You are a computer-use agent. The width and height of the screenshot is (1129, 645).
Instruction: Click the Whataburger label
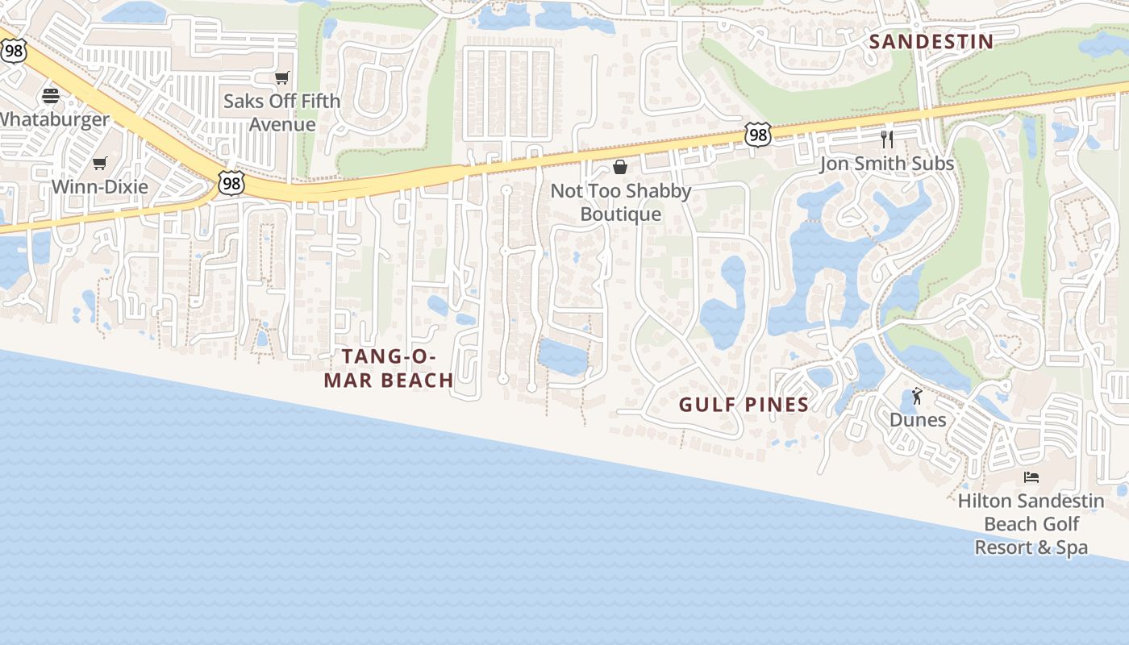coord(53,119)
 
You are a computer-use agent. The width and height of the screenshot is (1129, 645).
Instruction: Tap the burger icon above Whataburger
coord(51,97)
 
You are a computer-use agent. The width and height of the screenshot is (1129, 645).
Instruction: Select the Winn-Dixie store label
coord(100,186)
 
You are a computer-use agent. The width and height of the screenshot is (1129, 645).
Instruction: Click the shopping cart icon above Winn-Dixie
coord(100,164)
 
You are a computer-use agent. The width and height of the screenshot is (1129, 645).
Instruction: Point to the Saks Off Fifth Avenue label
coord(281,113)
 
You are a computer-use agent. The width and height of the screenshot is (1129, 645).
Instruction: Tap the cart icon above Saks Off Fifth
coord(281,78)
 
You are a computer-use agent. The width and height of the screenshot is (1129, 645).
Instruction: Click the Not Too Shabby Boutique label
coord(621,202)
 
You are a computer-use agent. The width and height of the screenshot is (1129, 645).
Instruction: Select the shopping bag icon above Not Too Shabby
coord(620,168)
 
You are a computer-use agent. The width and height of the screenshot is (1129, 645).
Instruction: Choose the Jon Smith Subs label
coord(886,164)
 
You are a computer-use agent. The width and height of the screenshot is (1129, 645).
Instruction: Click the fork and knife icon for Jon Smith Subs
coord(887,139)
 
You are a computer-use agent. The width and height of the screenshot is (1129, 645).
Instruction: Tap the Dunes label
coord(918,419)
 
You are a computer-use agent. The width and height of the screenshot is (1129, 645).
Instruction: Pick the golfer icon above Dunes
coord(917,396)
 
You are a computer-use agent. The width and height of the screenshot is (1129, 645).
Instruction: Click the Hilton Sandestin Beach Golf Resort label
coord(1031,524)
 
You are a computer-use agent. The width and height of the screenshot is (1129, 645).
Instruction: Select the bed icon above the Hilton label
coord(1031,477)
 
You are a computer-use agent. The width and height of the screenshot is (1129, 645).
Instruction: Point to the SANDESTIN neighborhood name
coord(931,42)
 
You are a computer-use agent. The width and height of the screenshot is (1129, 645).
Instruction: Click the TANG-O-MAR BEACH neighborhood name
coord(389,368)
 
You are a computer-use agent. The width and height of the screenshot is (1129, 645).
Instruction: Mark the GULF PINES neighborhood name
coord(744,405)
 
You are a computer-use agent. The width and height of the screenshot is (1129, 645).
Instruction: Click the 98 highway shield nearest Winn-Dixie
coord(231,184)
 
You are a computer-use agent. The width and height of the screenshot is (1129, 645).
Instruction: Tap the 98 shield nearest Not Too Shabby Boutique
coord(757,135)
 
